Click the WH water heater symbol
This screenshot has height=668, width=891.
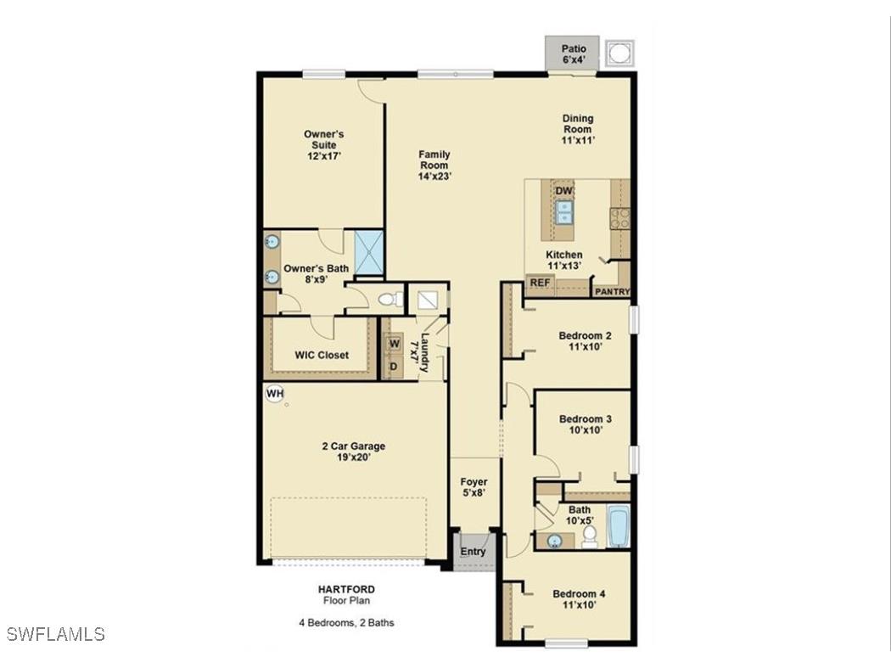[274, 393]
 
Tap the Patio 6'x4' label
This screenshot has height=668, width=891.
[573, 54]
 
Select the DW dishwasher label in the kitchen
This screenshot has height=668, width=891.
[564, 192]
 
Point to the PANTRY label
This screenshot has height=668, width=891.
[612, 292]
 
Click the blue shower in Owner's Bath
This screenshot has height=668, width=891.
[368, 252]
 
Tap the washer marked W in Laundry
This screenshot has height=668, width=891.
[394, 344]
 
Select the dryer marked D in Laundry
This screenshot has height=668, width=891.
[394, 366]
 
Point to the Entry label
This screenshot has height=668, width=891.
[473, 552]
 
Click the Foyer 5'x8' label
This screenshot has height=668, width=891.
[474, 487]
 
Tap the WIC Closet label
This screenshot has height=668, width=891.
[322, 355]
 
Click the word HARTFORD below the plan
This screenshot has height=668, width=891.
[348, 589]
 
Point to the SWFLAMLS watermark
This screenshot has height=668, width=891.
[55, 634]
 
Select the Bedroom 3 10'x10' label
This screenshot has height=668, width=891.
[586, 424]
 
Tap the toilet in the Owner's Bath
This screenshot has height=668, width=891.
[389, 299]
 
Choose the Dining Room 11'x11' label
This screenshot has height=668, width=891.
[577, 129]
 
